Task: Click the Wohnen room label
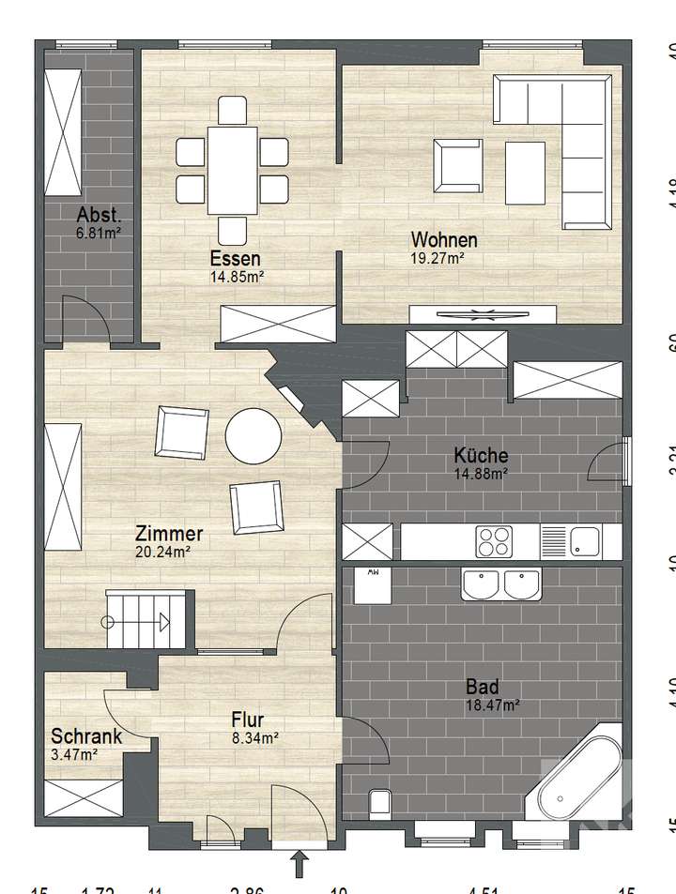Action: (x=444, y=240)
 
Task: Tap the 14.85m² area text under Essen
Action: (x=236, y=276)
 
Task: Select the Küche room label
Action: (x=481, y=455)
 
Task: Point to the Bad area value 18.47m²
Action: (x=493, y=704)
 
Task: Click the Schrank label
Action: (x=85, y=736)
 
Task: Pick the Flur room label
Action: (x=247, y=720)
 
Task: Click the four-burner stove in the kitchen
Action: (x=494, y=541)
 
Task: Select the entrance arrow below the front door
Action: (x=300, y=863)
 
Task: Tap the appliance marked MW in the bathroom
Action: (x=373, y=587)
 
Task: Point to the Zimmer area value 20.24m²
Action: (x=163, y=553)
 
